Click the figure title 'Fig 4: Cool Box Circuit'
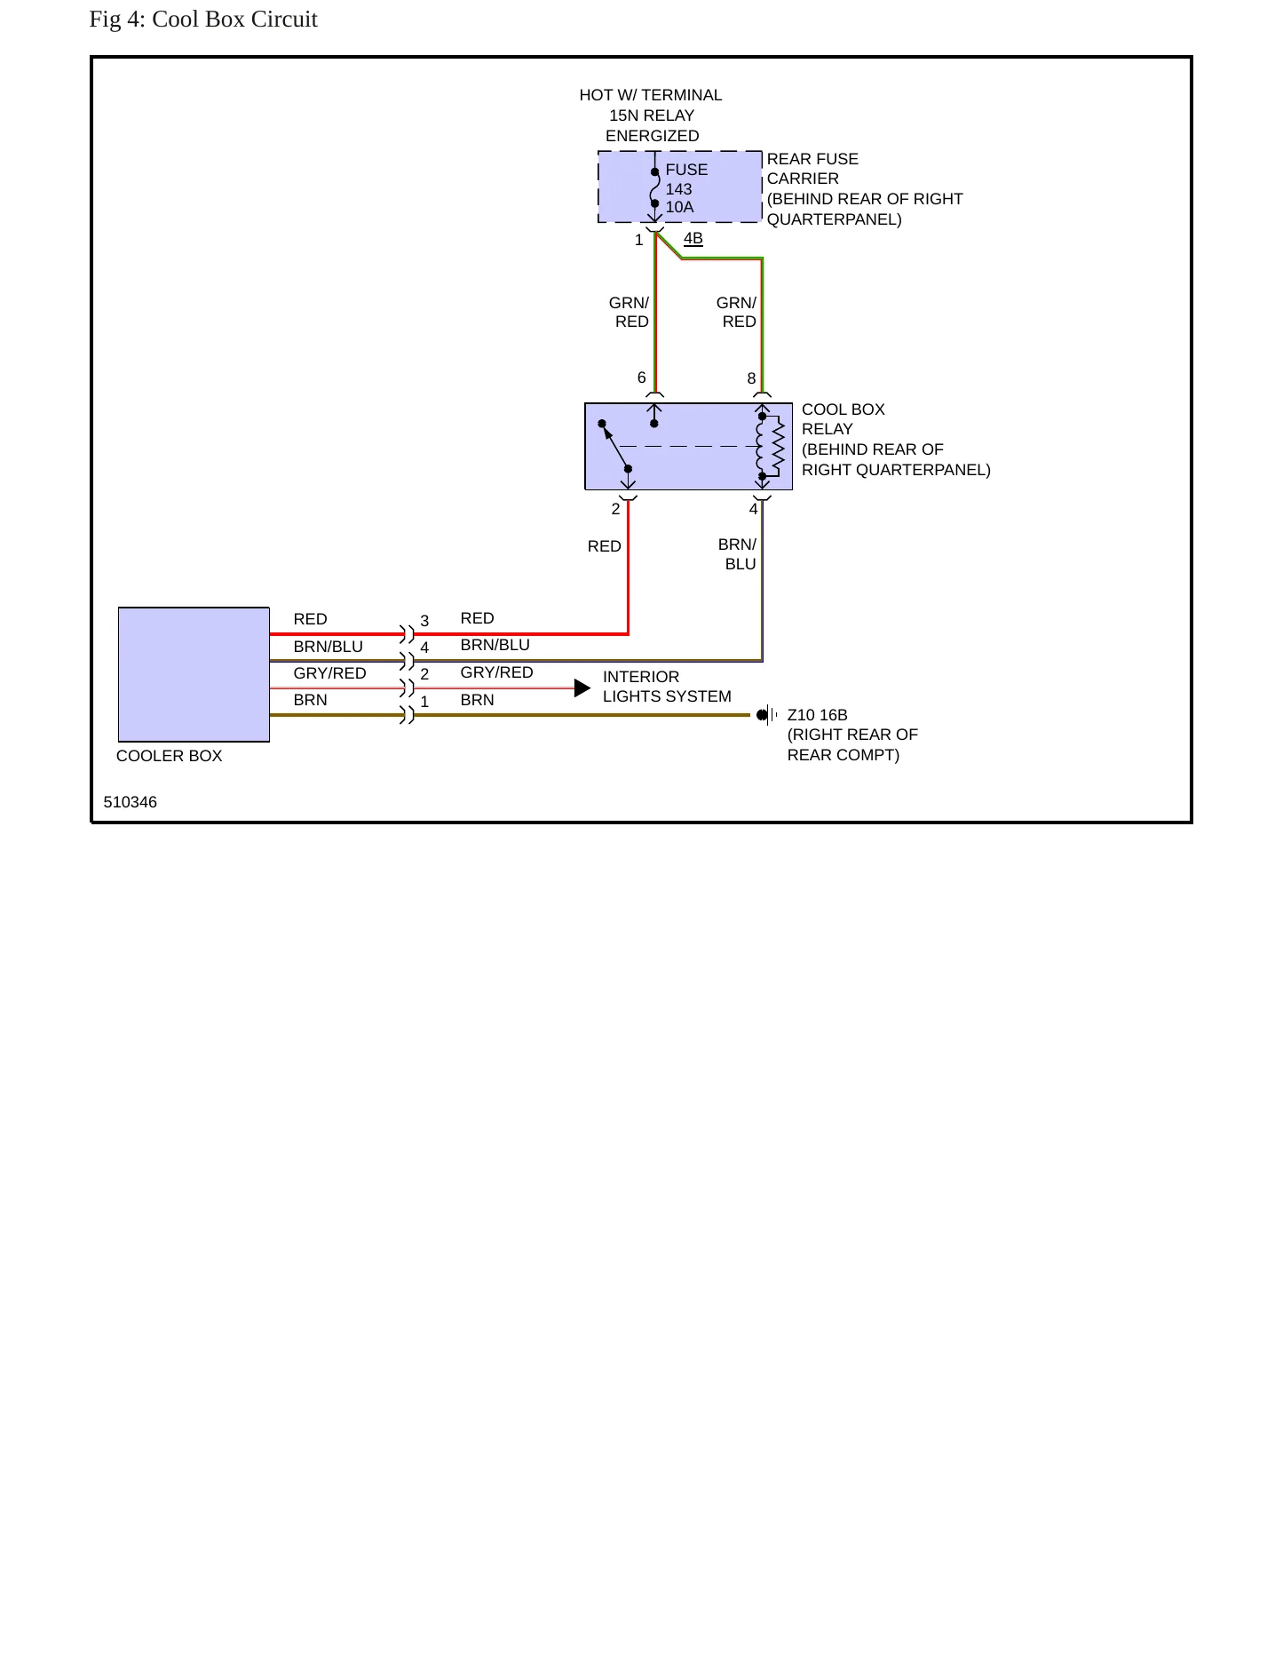pyautogui.click(x=203, y=20)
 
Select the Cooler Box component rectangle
pyautogui.click(x=194, y=674)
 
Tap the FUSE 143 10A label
pyautogui.click(x=686, y=188)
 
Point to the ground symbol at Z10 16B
pyautogui.click(x=767, y=715)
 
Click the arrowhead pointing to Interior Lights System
pyautogui.click(x=582, y=688)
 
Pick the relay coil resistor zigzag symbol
pyautogui.click(x=779, y=447)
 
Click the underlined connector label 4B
pyautogui.click(x=693, y=238)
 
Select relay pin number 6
pyautogui.click(x=642, y=378)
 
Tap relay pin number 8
pyautogui.click(x=751, y=379)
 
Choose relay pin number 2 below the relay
pyautogui.click(x=615, y=510)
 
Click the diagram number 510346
pyautogui.click(x=131, y=802)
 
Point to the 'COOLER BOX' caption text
pyautogui.click(x=170, y=756)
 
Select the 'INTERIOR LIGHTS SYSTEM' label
pyautogui.click(x=667, y=687)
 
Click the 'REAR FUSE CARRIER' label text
pyautogui.click(x=812, y=169)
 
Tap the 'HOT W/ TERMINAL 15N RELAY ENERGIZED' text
pyautogui.click(x=651, y=115)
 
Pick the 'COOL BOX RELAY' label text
pyautogui.click(x=843, y=419)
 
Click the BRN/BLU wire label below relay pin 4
pyautogui.click(x=737, y=554)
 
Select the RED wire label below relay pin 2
pyautogui.click(x=605, y=546)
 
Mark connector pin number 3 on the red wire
pyautogui.click(x=424, y=621)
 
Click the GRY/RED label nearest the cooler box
pyautogui.click(x=330, y=673)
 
